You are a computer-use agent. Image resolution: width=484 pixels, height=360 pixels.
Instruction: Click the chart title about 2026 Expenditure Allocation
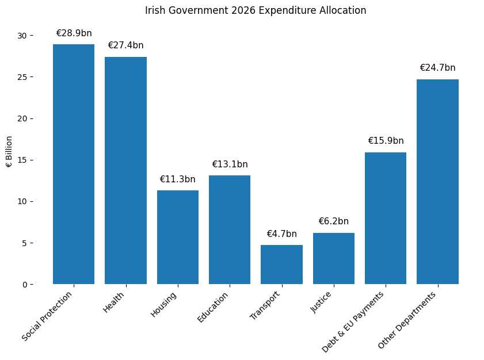pyautogui.click(x=256, y=10)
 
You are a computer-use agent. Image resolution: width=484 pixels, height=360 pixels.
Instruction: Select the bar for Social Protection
pyautogui.click(x=74, y=164)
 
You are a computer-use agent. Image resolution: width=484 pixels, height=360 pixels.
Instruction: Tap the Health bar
pyautogui.click(x=125, y=170)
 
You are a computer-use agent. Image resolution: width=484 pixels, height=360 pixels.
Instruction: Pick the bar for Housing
pyautogui.click(x=178, y=237)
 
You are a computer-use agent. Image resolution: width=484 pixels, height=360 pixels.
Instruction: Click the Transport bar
pyautogui.click(x=281, y=265)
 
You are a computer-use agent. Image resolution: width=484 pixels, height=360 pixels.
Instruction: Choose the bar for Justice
pyautogui.click(x=334, y=258)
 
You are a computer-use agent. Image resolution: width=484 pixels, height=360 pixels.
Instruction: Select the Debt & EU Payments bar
pyautogui.click(x=386, y=218)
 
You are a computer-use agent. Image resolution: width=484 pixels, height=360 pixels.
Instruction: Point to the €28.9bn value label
pyautogui.click(x=74, y=33)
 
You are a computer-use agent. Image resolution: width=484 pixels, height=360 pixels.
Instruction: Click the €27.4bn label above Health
pyautogui.click(x=125, y=45)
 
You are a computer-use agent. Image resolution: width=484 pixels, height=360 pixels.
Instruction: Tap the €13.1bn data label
pyautogui.click(x=230, y=164)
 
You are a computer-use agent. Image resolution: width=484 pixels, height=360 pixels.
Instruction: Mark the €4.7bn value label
pyautogui.click(x=281, y=234)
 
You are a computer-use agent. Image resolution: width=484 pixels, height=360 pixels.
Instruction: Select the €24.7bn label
pyautogui.click(x=437, y=68)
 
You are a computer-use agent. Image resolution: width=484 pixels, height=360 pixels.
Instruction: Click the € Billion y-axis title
pyautogui.click(x=9, y=152)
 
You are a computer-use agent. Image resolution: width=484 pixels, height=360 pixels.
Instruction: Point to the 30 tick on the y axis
pyautogui.click(x=22, y=36)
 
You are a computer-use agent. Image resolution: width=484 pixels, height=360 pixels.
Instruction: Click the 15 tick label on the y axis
pyautogui.click(x=22, y=160)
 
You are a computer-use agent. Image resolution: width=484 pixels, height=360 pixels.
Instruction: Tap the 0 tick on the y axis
pyautogui.click(x=24, y=285)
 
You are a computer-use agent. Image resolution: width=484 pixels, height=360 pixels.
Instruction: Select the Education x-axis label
pyautogui.click(x=214, y=307)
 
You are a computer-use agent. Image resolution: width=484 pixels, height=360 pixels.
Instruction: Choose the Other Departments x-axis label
pyautogui.click(x=408, y=320)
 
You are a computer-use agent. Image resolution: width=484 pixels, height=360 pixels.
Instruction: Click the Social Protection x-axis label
pyautogui.click(x=48, y=316)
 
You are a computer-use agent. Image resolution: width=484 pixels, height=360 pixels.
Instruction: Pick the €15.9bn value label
pyautogui.click(x=386, y=141)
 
